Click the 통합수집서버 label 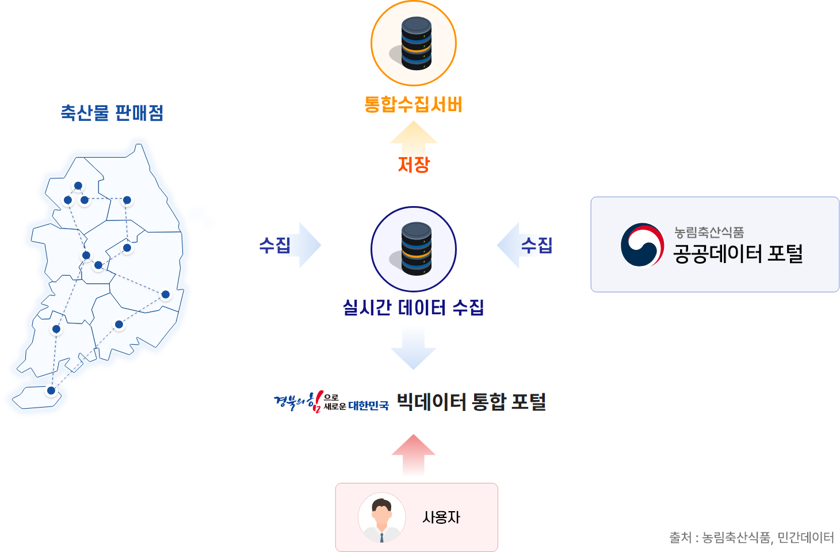click(413, 105)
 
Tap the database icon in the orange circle click(415, 43)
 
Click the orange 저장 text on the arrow click(414, 164)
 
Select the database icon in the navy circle click(415, 249)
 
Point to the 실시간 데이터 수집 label click(413, 307)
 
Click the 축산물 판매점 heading click(112, 112)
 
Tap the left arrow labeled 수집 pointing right click(291, 245)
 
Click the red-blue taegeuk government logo click(642, 246)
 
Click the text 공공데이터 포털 click(738, 253)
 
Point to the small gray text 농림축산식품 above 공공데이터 click(709, 232)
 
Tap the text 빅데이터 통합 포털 click(471, 401)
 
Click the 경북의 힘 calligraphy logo click(299, 401)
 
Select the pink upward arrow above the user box click(413, 456)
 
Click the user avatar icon click(380, 517)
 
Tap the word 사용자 click(441, 517)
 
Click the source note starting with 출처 click(751, 538)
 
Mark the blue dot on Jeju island click(51, 391)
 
